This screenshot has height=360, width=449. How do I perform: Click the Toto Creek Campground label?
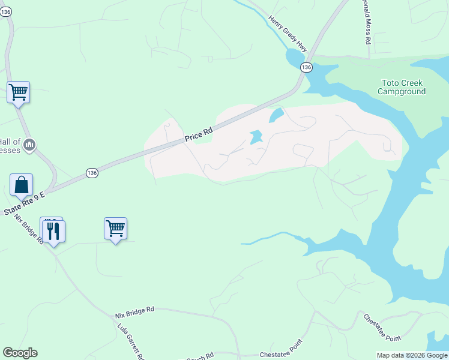[402, 87]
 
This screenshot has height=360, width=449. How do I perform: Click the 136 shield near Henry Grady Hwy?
[306, 67]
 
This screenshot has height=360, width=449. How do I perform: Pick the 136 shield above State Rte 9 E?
[91, 173]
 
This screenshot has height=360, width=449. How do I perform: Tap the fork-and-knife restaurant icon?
[56, 230]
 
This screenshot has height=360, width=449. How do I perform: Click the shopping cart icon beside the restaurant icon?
[115, 228]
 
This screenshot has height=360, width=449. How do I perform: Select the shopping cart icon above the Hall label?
[18, 92]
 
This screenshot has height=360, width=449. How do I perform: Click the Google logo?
[20, 353]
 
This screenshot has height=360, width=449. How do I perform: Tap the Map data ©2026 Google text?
[411, 355]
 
